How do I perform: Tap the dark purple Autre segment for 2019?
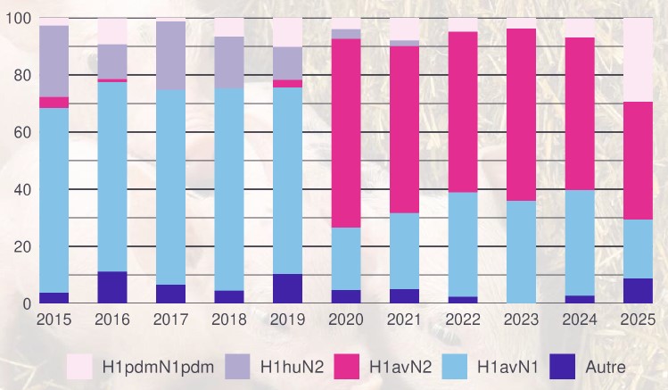[287, 288]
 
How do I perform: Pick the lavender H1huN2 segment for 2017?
[170, 55]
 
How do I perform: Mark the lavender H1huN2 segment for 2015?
[54, 61]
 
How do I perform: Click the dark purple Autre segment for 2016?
[112, 287]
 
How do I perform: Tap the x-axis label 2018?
[229, 319]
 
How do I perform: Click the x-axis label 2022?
[463, 319]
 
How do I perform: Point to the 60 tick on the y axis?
[18, 132]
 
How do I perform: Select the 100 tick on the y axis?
[15, 18]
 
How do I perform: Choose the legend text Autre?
[606, 366]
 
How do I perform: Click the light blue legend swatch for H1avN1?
[453, 365]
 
